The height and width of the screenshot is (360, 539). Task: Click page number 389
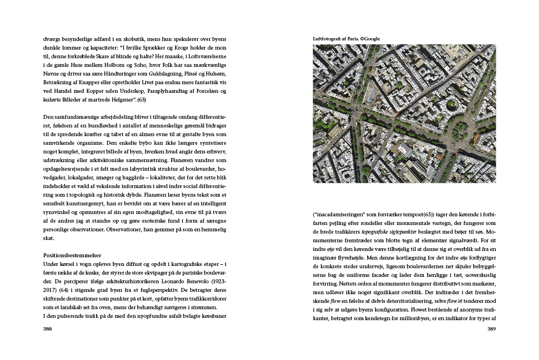pos(491,329)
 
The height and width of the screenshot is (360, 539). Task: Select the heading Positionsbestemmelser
pos(71,254)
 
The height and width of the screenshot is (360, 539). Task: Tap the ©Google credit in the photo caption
pos(369,39)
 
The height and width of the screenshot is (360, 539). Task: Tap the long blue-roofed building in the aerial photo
pos(370,96)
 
